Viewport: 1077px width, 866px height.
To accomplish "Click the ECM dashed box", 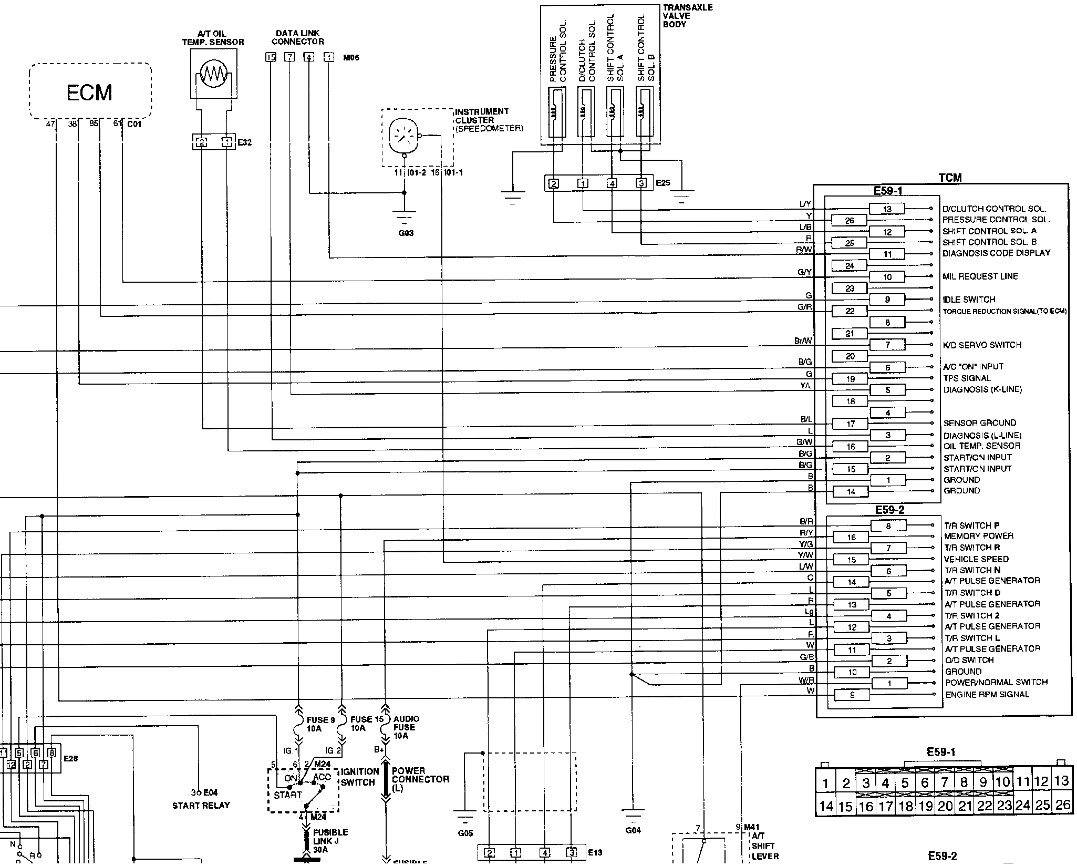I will point(90,91).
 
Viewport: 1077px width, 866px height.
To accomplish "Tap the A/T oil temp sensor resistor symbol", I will point(212,74).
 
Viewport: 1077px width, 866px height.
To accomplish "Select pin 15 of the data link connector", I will point(271,57).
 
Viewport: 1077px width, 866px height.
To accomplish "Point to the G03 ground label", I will point(406,233).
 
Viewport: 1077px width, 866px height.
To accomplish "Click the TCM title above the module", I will point(950,178).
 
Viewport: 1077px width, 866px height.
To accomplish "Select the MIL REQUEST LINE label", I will point(980,276).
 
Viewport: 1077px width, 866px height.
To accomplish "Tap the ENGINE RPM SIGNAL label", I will point(987,695).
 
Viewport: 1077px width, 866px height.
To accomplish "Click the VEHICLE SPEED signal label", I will point(976,559).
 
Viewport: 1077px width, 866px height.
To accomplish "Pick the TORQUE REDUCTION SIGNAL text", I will point(1004,311).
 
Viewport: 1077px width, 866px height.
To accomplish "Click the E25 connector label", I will point(663,183).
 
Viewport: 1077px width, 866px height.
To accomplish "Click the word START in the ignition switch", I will point(287,795).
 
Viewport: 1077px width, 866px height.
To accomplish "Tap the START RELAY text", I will point(201,805).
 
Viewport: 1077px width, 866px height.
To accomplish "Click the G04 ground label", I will point(633,830).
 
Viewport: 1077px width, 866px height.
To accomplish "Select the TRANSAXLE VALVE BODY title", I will point(687,16).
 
